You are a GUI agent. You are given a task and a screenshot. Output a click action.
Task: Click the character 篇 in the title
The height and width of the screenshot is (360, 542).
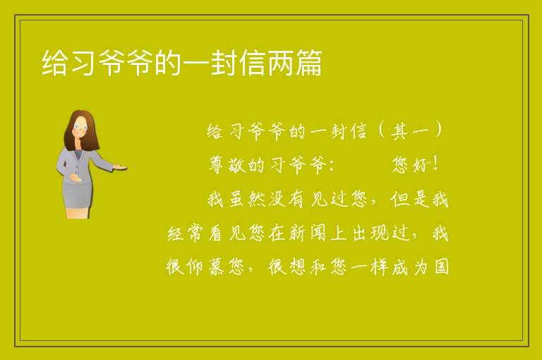(308, 63)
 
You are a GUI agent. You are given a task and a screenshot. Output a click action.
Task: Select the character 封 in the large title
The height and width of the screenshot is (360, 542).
(224, 63)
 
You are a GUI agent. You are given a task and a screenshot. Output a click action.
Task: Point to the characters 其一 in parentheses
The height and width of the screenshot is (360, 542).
(410, 131)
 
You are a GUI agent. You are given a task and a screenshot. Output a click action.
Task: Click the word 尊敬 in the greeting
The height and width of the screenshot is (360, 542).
(227, 165)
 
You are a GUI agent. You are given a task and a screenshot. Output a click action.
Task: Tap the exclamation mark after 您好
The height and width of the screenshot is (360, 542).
(435, 164)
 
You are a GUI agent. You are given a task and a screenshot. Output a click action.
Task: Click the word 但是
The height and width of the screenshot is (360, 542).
(410, 200)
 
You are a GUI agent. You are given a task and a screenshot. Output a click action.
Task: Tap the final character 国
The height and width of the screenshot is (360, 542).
(441, 268)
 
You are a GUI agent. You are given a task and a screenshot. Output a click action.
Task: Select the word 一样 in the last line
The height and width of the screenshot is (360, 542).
(370, 268)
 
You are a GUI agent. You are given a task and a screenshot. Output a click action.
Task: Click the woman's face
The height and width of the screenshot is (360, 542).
(80, 127)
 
